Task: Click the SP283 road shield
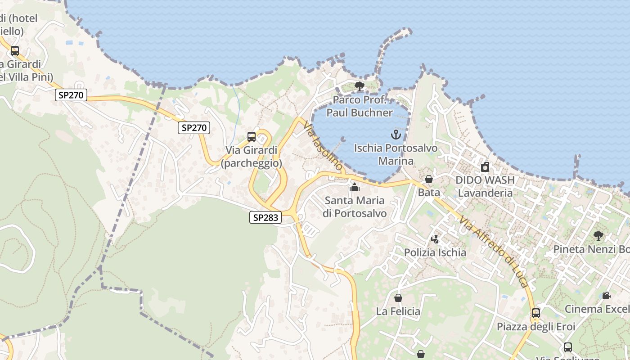coord(265,218)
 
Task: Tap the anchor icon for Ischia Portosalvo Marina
coord(396,134)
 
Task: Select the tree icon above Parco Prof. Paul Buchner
coord(359,86)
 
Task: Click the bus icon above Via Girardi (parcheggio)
coord(252,137)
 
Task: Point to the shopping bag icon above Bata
coord(429,179)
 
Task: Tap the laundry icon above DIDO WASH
coord(485,167)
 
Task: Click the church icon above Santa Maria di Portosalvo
coord(355,187)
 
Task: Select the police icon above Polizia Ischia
coord(435,239)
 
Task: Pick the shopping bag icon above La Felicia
coord(398,298)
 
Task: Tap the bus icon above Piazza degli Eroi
coord(535,313)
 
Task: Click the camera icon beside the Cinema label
coord(606,295)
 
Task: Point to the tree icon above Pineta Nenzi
coord(598,235)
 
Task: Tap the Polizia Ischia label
coord(435,252)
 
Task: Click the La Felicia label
coord(398,311)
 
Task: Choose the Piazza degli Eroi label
coord(535,326)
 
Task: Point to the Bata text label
coord(429,193)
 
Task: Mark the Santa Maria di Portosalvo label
coord(355,207)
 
